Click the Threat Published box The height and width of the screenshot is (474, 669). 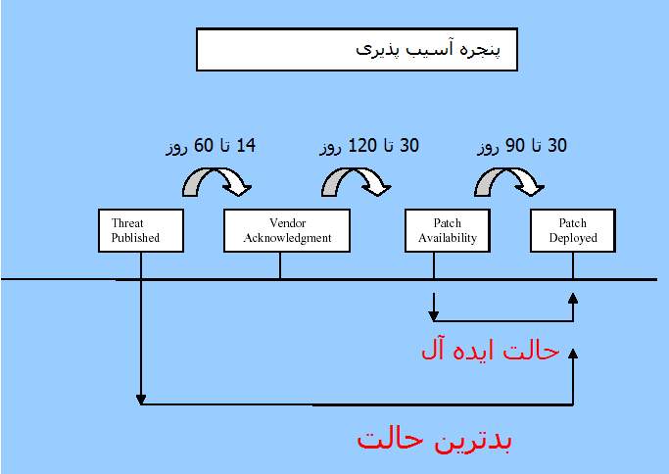pos(141,230)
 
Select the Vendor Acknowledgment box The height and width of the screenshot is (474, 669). pos(287,230)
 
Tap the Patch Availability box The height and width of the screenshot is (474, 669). pos(447,230)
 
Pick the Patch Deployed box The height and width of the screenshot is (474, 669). pos(573,230)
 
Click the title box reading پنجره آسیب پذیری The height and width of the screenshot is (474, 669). pos(357,50)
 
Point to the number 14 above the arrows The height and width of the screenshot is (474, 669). pos(245,146)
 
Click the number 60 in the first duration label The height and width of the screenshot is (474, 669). pos(203,146)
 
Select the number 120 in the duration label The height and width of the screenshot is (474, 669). pos(362,146)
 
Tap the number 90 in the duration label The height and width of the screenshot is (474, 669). pos(515,146)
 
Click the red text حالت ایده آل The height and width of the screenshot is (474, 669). pos(490,352)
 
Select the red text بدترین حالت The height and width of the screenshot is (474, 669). pos(434,440)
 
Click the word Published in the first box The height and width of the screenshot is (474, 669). pos(135,238)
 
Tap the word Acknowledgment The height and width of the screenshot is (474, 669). pos(287,238)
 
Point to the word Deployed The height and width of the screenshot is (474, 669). pos(573,238)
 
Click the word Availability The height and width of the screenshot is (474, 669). pos(447,238)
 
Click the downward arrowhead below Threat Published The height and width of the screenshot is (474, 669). pos(141,401)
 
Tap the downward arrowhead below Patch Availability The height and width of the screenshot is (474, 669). pos(434,316)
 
